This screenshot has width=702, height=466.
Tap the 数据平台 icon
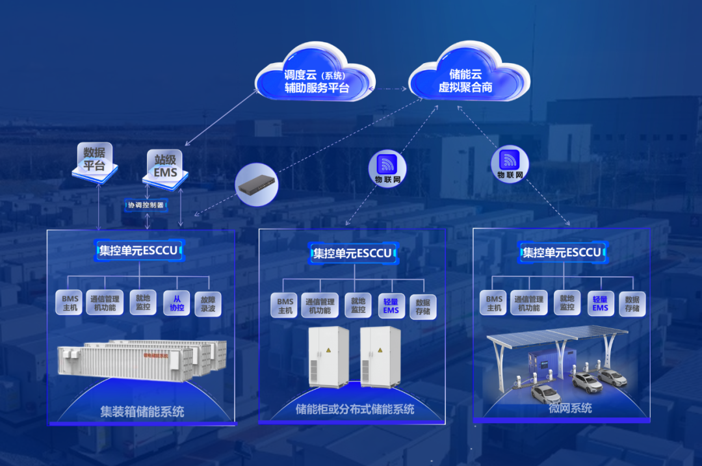click(x=95, y=160)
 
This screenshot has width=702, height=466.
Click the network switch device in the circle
click(x=257, y=185)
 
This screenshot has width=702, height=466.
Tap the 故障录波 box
click(x=208, y=303)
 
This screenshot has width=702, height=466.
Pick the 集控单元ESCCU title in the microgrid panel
click(x=562, y=252)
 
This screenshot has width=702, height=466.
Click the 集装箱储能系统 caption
click(x=142, y=411)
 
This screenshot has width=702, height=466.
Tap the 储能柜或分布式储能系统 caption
click(x=355, y=409)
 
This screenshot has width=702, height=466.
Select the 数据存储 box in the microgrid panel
click(x=632, y=303)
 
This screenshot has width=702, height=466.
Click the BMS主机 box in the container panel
click(x=70, y=303)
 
